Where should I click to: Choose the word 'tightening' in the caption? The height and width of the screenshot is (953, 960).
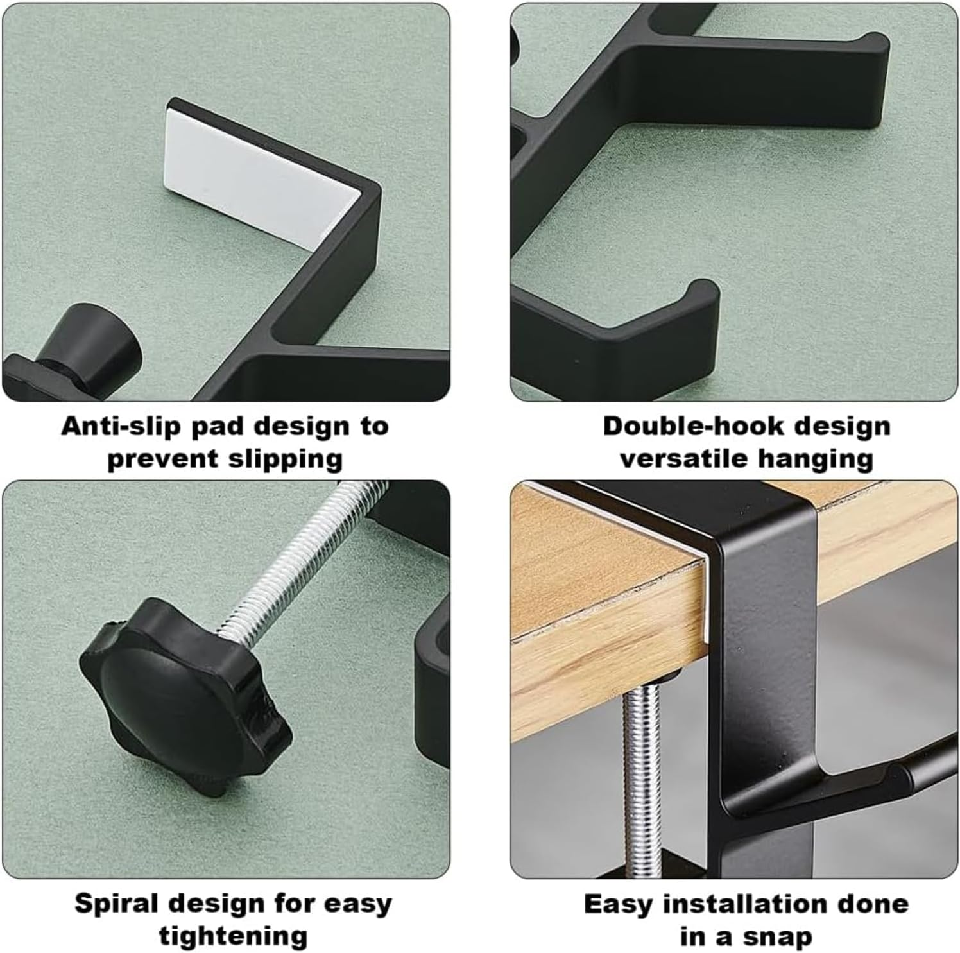(x=234, y=937)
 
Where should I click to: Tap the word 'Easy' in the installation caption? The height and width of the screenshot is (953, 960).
(x=617, y=905)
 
